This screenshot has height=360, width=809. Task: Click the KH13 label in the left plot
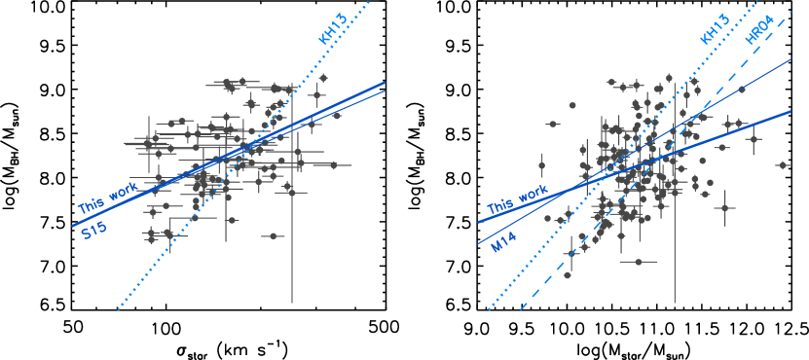coord(333,29)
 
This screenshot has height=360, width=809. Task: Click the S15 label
coord(93,230)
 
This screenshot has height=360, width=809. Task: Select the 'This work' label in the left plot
coord(107,199)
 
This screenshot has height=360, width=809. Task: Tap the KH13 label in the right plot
coord(715,29)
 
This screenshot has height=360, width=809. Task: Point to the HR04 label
coord(759,29)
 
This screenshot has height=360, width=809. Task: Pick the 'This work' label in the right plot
coord(517,198)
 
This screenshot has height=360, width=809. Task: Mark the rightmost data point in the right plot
coord(782,165)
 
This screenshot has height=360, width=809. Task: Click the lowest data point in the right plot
coord(639,262)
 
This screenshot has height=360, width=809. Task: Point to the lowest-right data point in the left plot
coord(274,235)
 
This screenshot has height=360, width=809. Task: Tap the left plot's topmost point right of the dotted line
coord(323,78)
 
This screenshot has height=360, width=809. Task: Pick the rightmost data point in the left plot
coord(337,116)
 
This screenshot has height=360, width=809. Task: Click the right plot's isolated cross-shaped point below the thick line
coord(723,207)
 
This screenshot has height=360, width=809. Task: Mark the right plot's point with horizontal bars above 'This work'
coord(553,124)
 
